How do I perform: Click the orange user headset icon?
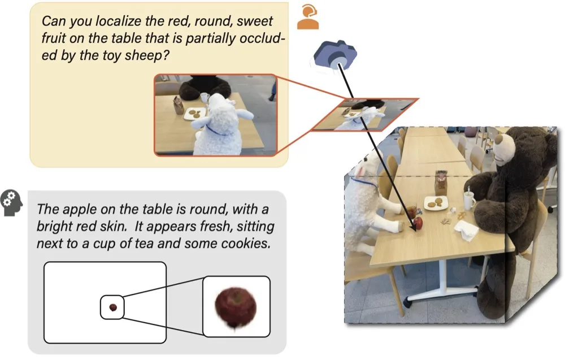pos(308,17)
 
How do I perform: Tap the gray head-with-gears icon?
pos(11,202)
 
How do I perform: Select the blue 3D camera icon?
pos(335,55)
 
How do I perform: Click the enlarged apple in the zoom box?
pos(236,307)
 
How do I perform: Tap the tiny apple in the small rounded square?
pos(113,307)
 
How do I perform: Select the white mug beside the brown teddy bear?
pos(469,201)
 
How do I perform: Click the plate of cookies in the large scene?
pos(436,202)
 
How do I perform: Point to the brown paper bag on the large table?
pos(440,183)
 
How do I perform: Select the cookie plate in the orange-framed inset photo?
pos(195,114)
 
